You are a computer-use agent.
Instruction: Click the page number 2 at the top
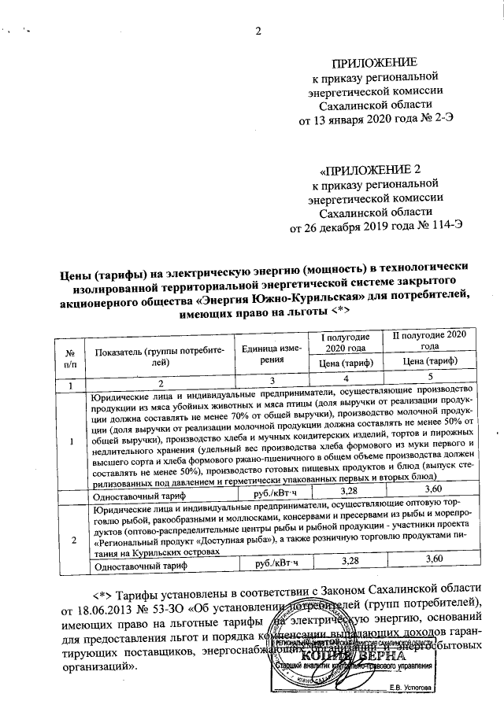click(x=257, y=31)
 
